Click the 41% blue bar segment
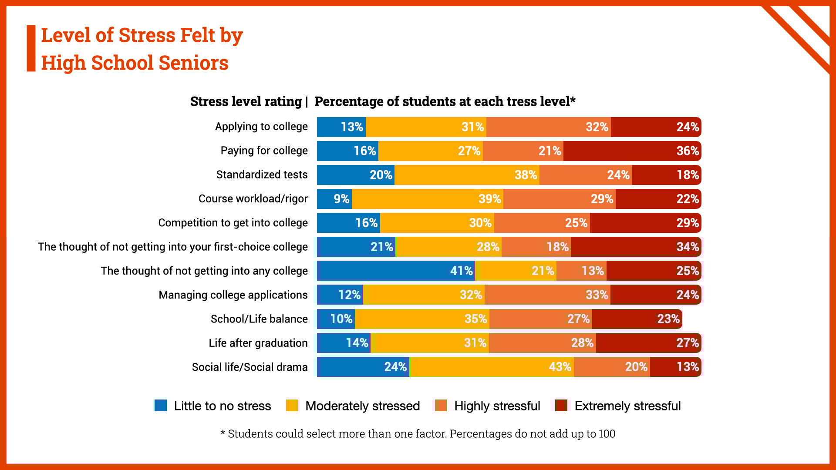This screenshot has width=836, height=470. (x=395, y=271)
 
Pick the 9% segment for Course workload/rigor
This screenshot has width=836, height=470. (x=334, y=199)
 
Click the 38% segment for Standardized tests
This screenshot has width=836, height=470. (x=467, y=175)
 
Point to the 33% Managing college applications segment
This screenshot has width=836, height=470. (x=547, y=295)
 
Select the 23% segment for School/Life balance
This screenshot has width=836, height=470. (x=637, y=319)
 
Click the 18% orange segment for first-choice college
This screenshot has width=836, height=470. (x=536, y=247)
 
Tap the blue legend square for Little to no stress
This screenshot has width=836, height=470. (x=161, y=406)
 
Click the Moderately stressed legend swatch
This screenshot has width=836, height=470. (x=292, y=406)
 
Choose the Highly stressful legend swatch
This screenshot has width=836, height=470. (x=441, y=406)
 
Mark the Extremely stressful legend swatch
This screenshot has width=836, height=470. (x=561, y=406)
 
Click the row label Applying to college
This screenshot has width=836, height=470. (x=261, y=127)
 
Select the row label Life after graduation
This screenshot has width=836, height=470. (x=258, y=343)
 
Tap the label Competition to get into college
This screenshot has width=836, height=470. (x=233, y=223)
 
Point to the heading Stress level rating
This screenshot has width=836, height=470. (x=246, y=101)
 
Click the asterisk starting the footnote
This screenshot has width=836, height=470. (x=222, y=433)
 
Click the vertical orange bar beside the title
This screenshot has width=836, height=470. (x=31, y=48)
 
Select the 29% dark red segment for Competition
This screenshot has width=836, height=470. (x=645, y=223)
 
